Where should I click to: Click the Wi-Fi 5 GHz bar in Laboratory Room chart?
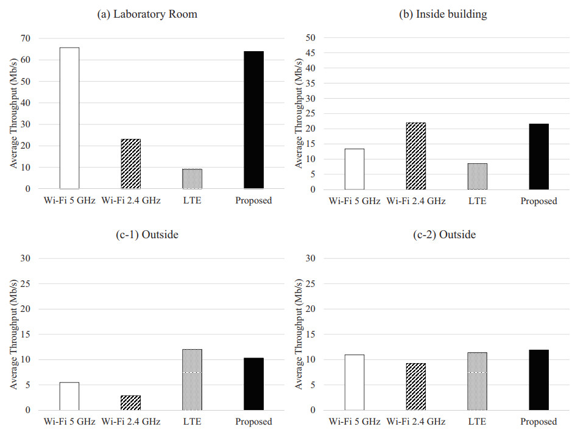[69, 118]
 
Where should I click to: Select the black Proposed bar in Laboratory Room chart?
[253, 120]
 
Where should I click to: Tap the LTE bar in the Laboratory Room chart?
[192, 179]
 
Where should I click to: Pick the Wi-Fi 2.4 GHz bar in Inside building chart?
[416, 156]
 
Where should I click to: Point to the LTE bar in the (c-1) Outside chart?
[192, 380]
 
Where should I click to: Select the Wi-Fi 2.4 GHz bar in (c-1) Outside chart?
[130, 403]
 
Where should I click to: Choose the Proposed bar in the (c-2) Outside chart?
[538, 380]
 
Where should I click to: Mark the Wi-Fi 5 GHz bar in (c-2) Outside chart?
[355, 382]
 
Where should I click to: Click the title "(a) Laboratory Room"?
[147, 14]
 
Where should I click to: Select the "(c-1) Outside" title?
[147, 235]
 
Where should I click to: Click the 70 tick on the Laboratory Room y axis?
[25, 38]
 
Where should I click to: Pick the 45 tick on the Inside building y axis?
[309, 53]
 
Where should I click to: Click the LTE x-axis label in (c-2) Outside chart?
[477, 422]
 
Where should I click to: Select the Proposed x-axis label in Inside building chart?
[538, 201]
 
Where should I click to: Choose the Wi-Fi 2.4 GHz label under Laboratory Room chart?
[130, 200]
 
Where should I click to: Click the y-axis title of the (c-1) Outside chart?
[12, 334]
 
